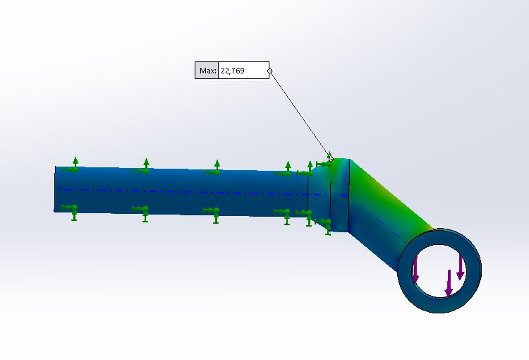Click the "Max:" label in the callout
(x=207, y=71)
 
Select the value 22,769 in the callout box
(x=233, y=71)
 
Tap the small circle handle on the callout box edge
(x=269, y=71)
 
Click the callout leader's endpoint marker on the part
(x=331, y=160)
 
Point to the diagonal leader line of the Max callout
(x=300, y=115)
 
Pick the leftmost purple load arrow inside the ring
(x=415, y=270)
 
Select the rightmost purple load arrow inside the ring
(x=460, y=267)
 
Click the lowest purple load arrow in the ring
(x=449, y=283)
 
